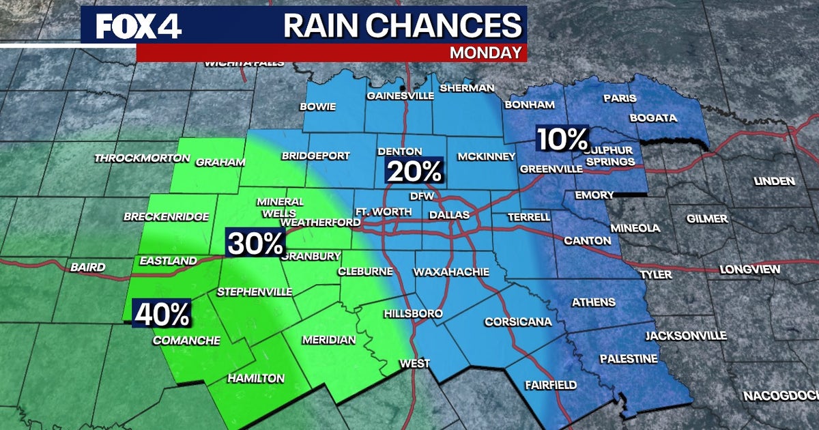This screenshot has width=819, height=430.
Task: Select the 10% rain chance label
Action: point(562,139)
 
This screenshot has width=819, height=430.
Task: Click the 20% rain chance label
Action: point(415,171)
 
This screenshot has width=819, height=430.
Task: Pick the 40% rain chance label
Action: point(162,314)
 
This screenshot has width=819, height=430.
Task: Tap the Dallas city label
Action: point(449,215)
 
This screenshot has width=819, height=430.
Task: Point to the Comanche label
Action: point(186,341)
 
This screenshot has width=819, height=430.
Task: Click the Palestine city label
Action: point(629,359)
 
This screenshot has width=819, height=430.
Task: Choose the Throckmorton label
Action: point(142,158)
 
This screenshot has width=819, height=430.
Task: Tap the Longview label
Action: point(750,270)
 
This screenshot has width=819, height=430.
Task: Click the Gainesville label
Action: point(400,96)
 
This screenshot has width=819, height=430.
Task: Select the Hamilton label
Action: point(255,378)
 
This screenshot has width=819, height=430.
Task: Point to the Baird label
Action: point(88,268)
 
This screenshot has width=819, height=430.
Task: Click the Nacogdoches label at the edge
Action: point(781,396)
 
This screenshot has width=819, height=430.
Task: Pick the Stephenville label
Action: point(254,292)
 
